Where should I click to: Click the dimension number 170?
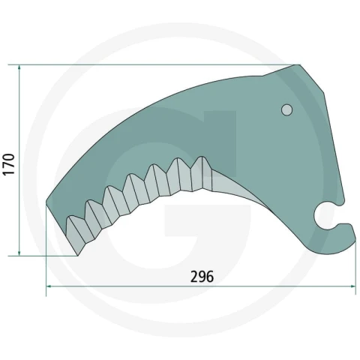tap(9, 164)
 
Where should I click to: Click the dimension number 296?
tap(202, 277)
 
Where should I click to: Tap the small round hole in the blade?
tap(287, 109)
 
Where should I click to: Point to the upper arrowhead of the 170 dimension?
tap(19, 68)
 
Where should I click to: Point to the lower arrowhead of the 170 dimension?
tap(19, 253)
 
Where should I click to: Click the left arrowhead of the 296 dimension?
tap(49, 286)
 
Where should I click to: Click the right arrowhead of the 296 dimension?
tap(352, 286)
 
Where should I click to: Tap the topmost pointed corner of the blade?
tap(299, 65)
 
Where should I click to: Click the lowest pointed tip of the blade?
tap(78, 255)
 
